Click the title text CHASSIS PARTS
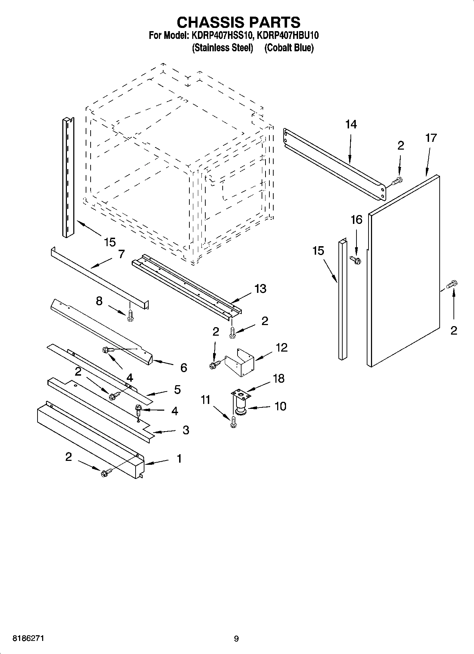coord(238,22)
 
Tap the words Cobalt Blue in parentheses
coord(289,48)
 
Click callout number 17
coord(431,138)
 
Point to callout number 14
coord(351,124)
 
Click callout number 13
coord(260,289)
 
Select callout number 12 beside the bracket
coord(281,347)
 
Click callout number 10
coord(280,406)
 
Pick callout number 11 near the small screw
coord(205,400)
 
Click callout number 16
coord(356,220)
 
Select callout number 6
coord(183,368)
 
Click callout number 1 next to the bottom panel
coord(179,458)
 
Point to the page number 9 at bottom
coord(236,638)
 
